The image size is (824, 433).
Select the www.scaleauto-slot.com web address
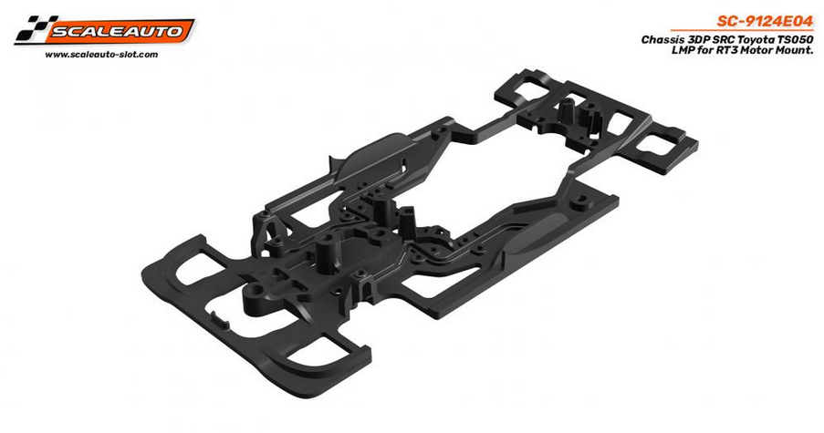[x=100, y=55]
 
